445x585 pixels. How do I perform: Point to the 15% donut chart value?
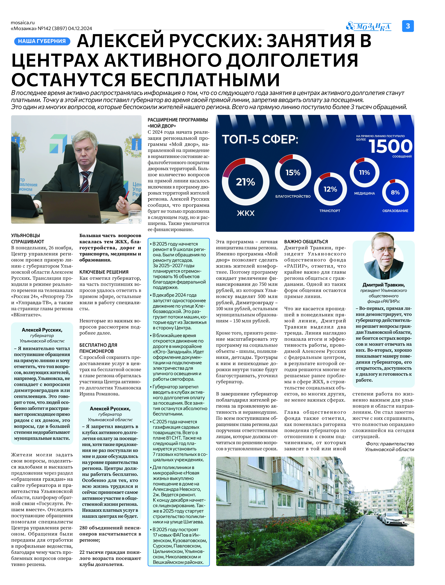pos(293,173)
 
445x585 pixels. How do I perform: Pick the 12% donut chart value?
pos(330,189)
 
